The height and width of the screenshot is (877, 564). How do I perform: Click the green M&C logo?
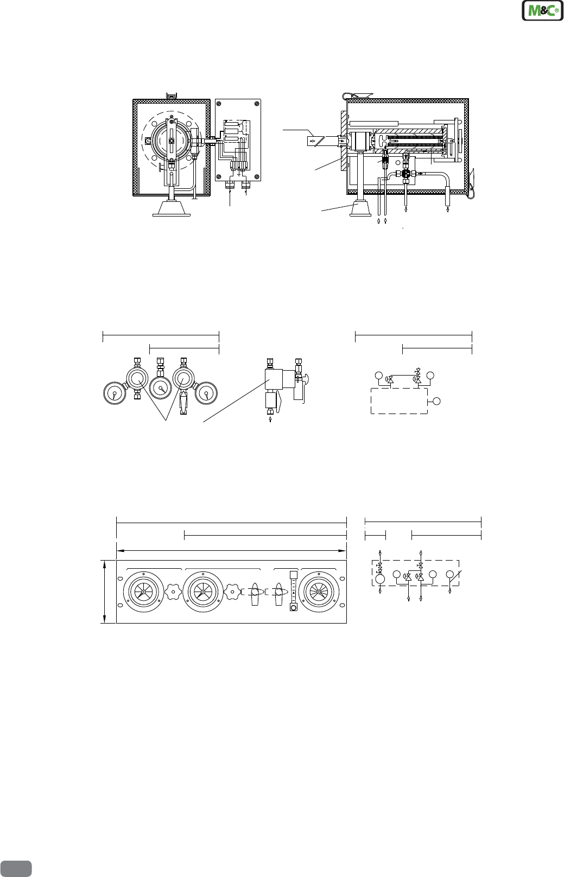pyautogui.click(x=543, y=10)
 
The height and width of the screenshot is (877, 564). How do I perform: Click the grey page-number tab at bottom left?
pyautogui.click(x=16, y=869)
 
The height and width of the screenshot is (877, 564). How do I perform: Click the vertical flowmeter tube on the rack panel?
pyautogui.click(x=293, y=591)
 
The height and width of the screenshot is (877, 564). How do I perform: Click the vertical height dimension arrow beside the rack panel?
pyautogui.click(x=105, y=591)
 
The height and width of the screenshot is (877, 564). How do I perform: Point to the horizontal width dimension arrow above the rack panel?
pyautogui.click(x=231, y=550)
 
